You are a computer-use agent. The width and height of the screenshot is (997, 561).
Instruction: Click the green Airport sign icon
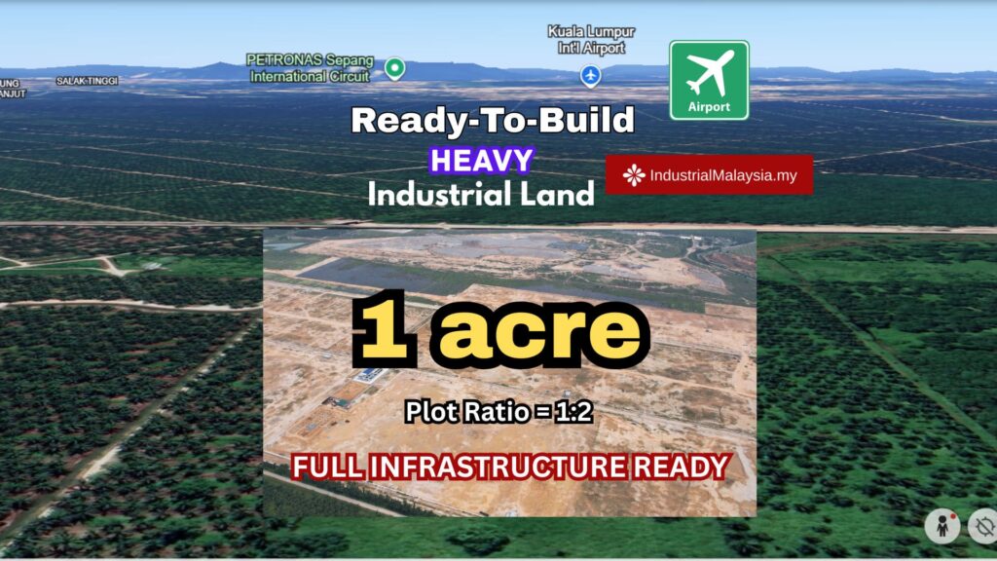point(709,80)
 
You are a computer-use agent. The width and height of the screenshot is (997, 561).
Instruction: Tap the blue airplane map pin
point(591,76)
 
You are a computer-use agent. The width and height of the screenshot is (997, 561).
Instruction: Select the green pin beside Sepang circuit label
point(395,68)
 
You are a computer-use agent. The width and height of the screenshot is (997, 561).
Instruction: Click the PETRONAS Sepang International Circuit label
point(310,68)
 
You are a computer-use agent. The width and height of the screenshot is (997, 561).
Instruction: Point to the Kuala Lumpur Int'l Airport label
point(591,39)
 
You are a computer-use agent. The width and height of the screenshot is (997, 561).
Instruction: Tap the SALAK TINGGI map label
point(87,81)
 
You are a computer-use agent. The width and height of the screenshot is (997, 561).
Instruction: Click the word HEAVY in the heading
point(481,161)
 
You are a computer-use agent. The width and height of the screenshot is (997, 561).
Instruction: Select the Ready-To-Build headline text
point(493,120)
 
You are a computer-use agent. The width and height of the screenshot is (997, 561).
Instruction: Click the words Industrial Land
point(481,194)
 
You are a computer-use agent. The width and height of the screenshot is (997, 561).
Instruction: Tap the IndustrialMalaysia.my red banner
point(709,175)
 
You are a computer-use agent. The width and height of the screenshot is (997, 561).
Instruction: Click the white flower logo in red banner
point(633,175)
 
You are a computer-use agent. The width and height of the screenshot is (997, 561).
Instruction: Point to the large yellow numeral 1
point(383,329)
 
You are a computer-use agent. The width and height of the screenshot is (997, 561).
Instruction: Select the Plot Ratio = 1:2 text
point(499,412)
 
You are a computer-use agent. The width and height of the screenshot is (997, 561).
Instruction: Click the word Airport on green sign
point(709,107)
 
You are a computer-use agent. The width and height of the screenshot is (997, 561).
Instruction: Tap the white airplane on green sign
point(710,72)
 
